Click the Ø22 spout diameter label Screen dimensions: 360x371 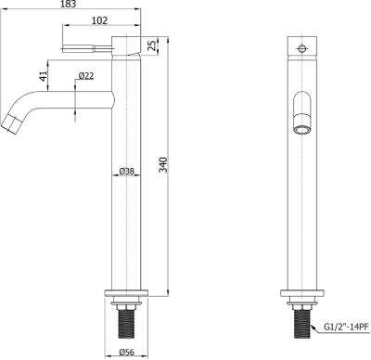84,76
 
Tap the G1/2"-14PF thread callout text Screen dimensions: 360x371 346,327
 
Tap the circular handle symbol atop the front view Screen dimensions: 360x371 301,45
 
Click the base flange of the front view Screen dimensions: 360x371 301,296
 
